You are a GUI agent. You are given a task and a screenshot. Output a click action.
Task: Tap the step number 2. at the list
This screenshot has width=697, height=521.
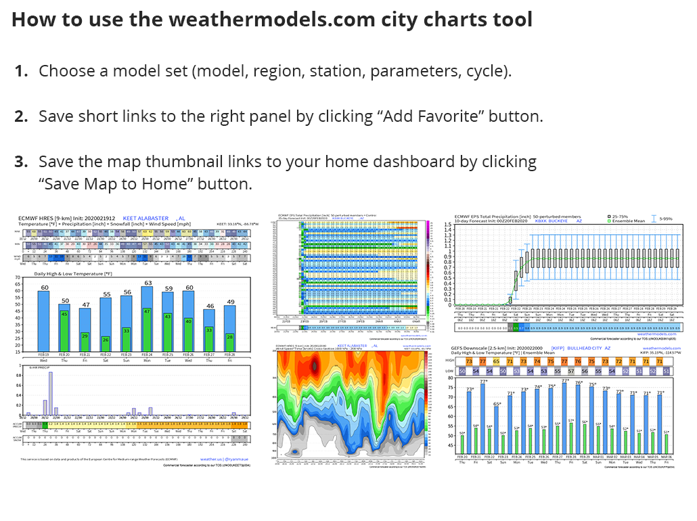coord(21,116)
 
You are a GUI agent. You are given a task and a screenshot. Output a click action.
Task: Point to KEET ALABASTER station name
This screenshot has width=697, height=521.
coord(145,218)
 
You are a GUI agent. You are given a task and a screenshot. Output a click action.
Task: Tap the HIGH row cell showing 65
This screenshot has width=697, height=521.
coord(497,361)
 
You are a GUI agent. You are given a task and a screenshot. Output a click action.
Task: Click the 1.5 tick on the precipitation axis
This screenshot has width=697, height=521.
coord(447,224)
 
